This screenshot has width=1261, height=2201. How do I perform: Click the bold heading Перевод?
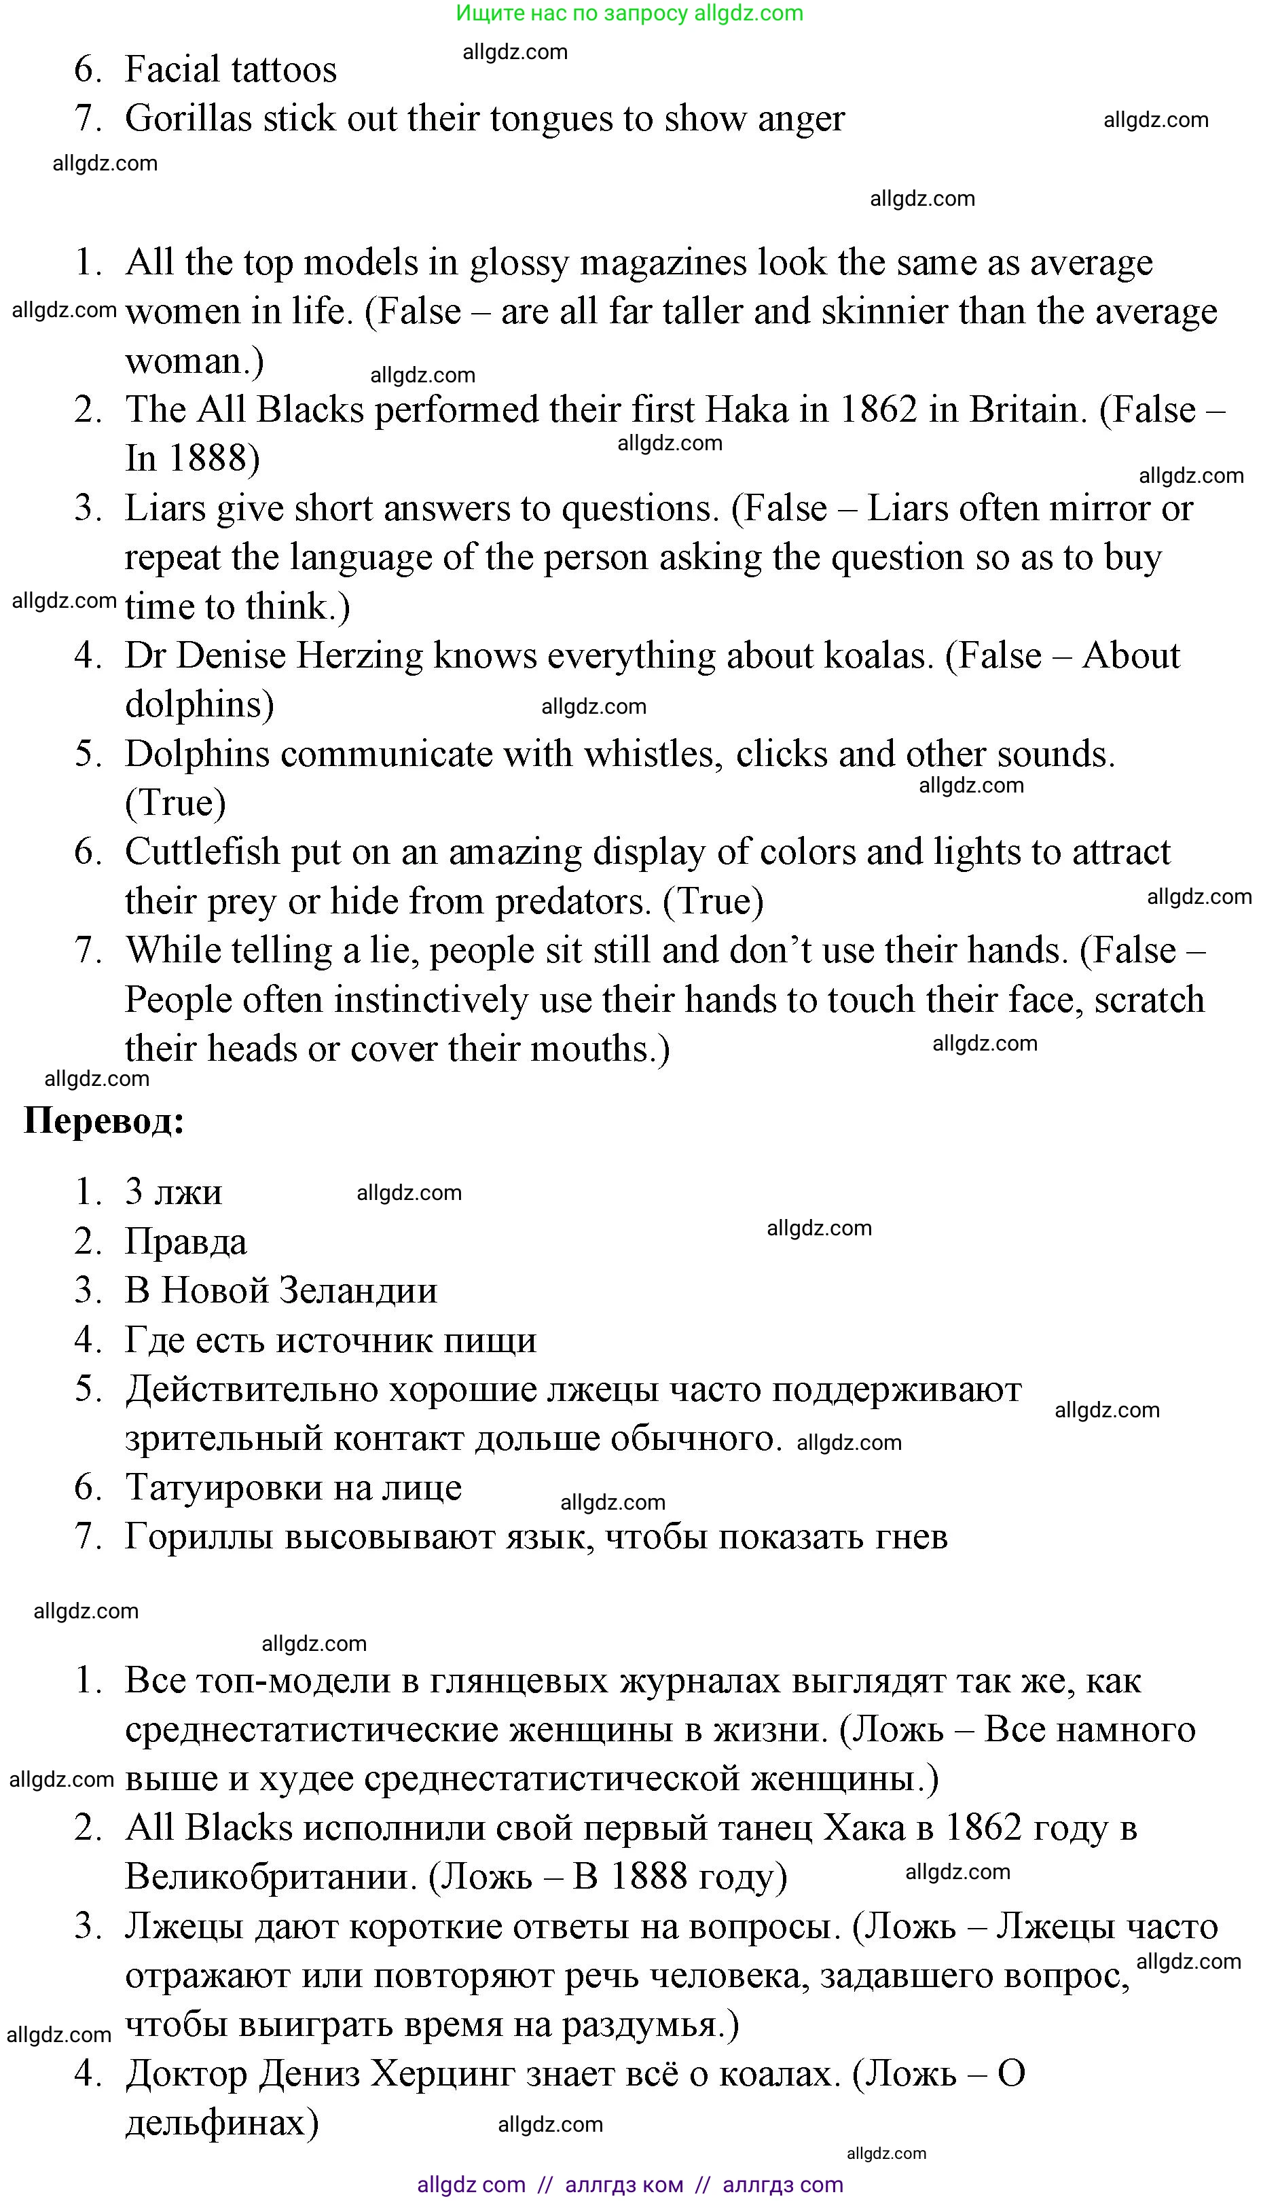coord(104,1121)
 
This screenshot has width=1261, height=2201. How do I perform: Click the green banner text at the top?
coord(629,13)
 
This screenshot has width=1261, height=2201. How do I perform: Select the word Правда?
coord(186,1241)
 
